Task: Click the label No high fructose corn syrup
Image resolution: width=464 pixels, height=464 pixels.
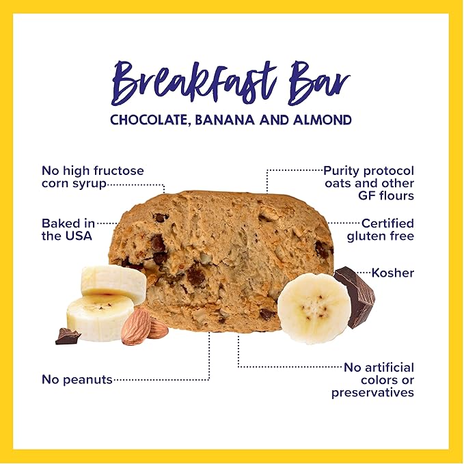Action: point(92,177)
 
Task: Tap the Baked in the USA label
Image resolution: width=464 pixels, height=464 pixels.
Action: point(67,230)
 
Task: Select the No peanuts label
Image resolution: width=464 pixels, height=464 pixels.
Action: point(76,379)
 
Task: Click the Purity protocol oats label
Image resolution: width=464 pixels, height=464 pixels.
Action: point(369,183)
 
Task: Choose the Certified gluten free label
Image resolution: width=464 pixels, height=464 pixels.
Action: point(380,230)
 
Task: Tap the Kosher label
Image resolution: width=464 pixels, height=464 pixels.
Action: point(393,273)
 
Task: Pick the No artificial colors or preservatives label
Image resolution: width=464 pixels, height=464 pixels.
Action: point(373,380)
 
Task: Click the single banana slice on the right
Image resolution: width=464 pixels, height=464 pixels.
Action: point(314,307)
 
